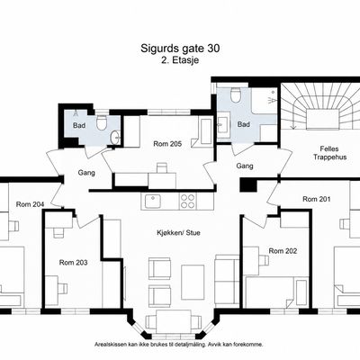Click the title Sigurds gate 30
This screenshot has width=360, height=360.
click(x=180, y=49)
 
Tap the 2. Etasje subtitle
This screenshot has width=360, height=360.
click(x=180, y=60)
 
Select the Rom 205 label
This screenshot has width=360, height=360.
click(x=167, y=144)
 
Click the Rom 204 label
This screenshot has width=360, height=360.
click(x=30, y=204)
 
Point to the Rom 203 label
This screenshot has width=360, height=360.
click(x=73, y=263)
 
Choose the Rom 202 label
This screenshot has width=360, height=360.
click(x=283, y=251)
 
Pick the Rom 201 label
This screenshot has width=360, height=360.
click(x=317, y=199)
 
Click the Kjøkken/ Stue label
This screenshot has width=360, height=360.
click(x=178, y=233)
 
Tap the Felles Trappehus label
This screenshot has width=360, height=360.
click(x=329, y=153)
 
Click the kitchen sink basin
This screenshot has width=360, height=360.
click(x=153, y=202)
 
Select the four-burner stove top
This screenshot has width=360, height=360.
click(x=188, y=202)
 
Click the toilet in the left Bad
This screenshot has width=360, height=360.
click(x=102, y=122)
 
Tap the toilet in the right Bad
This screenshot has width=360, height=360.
click(x=236, y=94)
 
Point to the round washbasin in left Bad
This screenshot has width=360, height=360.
click(x=115, y=138)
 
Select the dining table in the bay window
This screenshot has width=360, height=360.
click(x=174, y=321)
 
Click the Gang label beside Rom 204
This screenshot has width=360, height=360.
click(x=86, y=173)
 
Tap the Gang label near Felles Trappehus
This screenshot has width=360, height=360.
click(x=245, y=166)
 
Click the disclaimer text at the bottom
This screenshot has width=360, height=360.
click(x=179, y=345)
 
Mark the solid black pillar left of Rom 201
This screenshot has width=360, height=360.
click(x=248, y=185)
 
